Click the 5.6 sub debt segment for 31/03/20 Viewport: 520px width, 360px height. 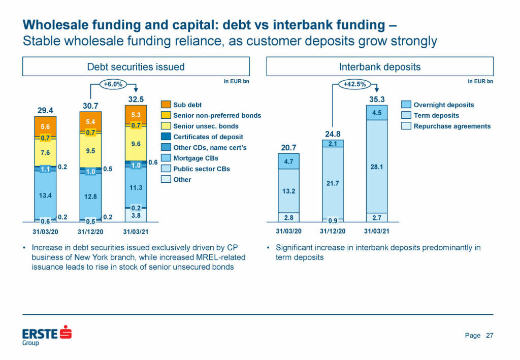click(x=45, y=126)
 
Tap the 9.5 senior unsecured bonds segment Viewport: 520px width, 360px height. click(x=90, y=151)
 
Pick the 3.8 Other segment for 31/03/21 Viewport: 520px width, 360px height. click(x=136, y=215)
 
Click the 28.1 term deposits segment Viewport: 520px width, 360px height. click(x=376, y=166)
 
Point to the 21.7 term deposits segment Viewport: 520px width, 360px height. click(x=332, y=183)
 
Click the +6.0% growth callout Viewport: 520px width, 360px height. click(x=112, y=84)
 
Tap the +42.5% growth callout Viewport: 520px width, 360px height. click(x=354, y=84)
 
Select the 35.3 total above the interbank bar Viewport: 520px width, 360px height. click(x=376, y=100)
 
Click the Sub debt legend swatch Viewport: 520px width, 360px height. click(x=166, y=105)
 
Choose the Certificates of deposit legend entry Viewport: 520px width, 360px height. click(x=208, y=137)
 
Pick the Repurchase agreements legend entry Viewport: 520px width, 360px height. click(x=452, y=126)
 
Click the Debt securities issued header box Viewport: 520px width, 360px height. click(x=136, y=67)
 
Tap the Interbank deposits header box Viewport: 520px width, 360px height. click(x=380, y=67)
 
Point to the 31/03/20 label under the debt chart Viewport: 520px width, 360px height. click(x=45, y=231)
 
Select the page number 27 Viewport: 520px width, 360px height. click(x=490, y=335)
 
